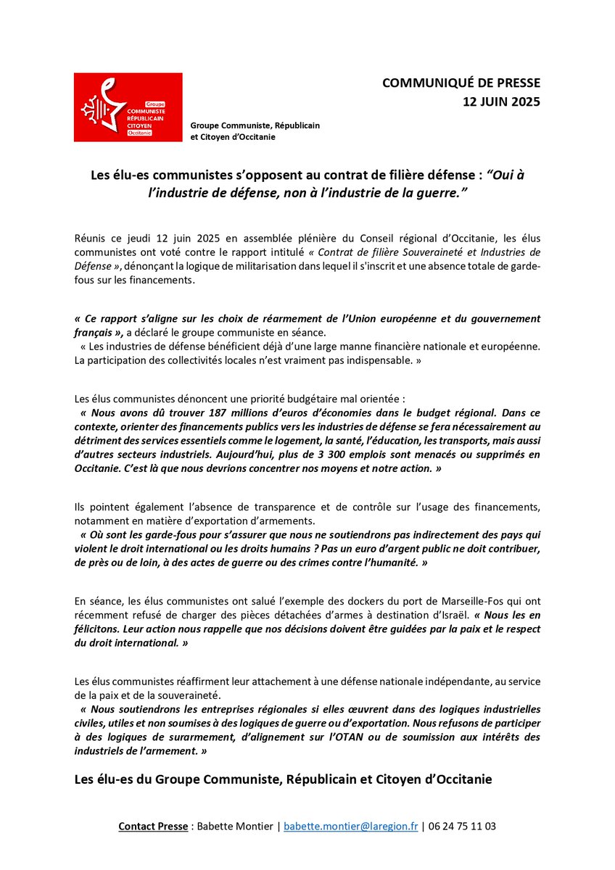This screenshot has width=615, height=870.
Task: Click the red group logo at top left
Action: coord(128,107)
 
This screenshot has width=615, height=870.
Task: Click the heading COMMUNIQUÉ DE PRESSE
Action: coord(461,83)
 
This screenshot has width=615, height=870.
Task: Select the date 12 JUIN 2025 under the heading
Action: coord(501,101)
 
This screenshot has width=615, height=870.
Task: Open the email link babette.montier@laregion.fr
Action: coord(350,826)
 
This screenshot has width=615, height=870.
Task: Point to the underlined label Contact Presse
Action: coord(152,826)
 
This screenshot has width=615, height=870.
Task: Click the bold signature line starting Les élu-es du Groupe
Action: coord(283,779)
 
